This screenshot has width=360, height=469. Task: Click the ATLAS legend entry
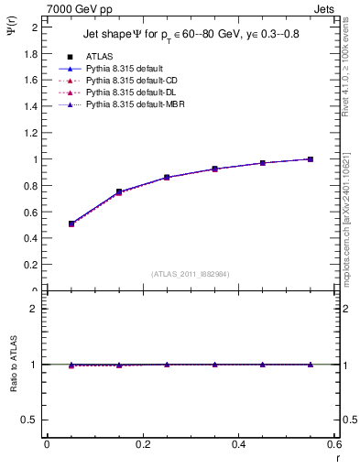(97, 56)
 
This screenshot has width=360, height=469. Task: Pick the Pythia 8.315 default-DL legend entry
(125, 93)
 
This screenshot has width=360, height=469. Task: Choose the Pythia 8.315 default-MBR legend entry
(128, 106)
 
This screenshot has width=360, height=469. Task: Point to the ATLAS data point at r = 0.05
(71, 224)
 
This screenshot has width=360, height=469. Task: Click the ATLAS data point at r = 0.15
(119, 191)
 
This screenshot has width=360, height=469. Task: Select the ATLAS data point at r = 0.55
(311, 159)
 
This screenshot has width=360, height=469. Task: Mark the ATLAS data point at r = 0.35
(214, 169)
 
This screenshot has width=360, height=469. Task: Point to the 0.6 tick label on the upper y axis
(29, 212)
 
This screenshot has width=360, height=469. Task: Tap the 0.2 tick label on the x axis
(143, 445)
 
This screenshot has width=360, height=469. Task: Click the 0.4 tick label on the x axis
(238, 445)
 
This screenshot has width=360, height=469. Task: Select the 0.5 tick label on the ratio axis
(29, 420)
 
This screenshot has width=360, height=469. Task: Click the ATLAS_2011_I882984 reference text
(191, 273)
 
